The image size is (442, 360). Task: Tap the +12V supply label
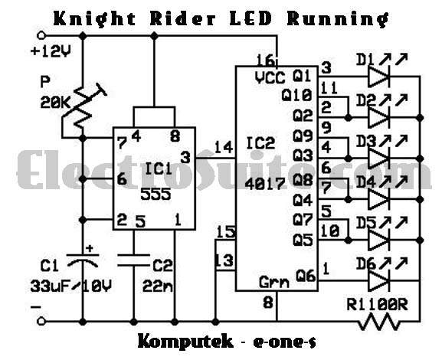pyautogui.click(x=51, y=52)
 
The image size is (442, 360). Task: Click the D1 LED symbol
pyautogui.click(x=381, y=76)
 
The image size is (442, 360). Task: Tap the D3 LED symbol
pyautogui.click(x=381, y=159)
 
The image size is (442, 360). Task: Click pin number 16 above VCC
pyautogui.click(x=265, y=61)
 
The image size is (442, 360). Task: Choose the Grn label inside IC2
pyautogui.click(x=273, y=282)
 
